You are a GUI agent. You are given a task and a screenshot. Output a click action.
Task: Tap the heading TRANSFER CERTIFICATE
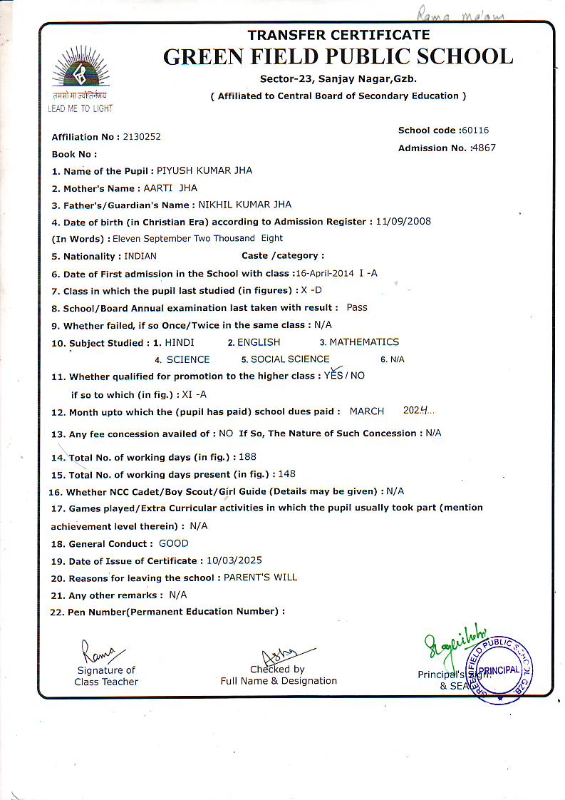coord(338,35)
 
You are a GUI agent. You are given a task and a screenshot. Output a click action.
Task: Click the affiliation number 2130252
coord(142,137)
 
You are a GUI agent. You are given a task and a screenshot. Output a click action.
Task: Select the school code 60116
coord(475,130)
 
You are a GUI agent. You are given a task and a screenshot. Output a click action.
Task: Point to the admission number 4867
coord(482,148)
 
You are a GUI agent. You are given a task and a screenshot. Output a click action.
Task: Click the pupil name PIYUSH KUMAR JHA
coord(204,171)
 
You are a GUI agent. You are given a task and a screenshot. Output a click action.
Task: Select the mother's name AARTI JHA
coord(170,188)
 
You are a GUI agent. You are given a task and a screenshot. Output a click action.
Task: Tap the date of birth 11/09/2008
coord(403,222)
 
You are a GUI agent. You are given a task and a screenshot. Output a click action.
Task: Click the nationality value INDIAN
coord(140,256)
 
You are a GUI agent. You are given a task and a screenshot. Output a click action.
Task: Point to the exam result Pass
coord(357,307)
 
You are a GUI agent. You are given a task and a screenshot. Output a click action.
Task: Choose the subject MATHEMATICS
coord(364,342)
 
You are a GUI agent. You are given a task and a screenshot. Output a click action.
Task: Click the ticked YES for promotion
coord(333,375)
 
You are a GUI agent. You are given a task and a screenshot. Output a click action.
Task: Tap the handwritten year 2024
coord(416,411)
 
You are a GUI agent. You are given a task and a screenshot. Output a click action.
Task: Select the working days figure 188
coord(248,457)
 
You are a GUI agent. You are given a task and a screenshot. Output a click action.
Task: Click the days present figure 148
coord(287,474)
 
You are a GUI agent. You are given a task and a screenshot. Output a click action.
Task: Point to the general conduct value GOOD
coord(174,543)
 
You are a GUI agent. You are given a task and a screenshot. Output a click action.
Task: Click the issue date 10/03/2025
coord(234,560)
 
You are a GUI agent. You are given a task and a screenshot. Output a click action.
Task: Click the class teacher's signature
coord(100,651)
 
